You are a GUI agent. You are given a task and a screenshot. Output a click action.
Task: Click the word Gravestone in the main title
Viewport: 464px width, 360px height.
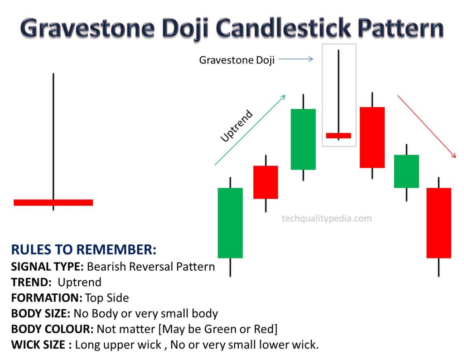(x=87, y=28)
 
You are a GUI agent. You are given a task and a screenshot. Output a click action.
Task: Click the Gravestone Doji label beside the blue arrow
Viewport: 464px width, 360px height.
(x=237, y=60)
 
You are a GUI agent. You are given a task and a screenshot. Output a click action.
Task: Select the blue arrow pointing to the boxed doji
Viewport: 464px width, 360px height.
(x=295, y=59)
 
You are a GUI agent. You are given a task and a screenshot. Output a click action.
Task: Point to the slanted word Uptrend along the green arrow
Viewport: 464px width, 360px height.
(x=237, y=126)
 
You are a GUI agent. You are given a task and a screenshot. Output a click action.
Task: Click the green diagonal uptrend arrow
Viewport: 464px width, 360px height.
(x=250, y=130)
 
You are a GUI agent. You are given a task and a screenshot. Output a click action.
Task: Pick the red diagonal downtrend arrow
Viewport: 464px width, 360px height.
(x=426, y=126)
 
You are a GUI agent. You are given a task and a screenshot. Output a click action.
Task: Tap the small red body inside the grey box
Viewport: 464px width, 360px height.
(x=338, y=136)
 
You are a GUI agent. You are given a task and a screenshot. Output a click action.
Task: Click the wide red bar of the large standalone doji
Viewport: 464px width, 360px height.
(x=53, y=203)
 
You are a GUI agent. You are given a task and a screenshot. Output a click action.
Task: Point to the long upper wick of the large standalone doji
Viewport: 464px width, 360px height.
(x=53, y=136)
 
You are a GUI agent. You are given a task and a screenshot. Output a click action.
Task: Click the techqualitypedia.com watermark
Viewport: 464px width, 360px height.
(x=327, y=219)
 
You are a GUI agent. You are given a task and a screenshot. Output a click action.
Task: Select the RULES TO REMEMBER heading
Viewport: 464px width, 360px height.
(x=83, y=249)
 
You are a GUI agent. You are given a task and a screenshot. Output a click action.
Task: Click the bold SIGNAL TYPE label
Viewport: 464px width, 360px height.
(x=47, y=267)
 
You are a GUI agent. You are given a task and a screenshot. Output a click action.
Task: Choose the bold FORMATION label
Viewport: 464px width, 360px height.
(x=47, y=298)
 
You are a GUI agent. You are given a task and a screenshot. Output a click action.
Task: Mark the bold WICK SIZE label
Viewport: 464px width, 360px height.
(x=41, y=345)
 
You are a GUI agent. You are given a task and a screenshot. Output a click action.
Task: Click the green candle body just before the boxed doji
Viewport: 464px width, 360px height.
(x=303, y=139)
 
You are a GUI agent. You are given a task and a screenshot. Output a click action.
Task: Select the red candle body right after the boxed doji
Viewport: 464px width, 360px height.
(x=372, y=137)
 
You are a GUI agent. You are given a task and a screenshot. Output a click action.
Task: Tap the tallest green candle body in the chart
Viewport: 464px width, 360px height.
(x=230, y=223)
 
